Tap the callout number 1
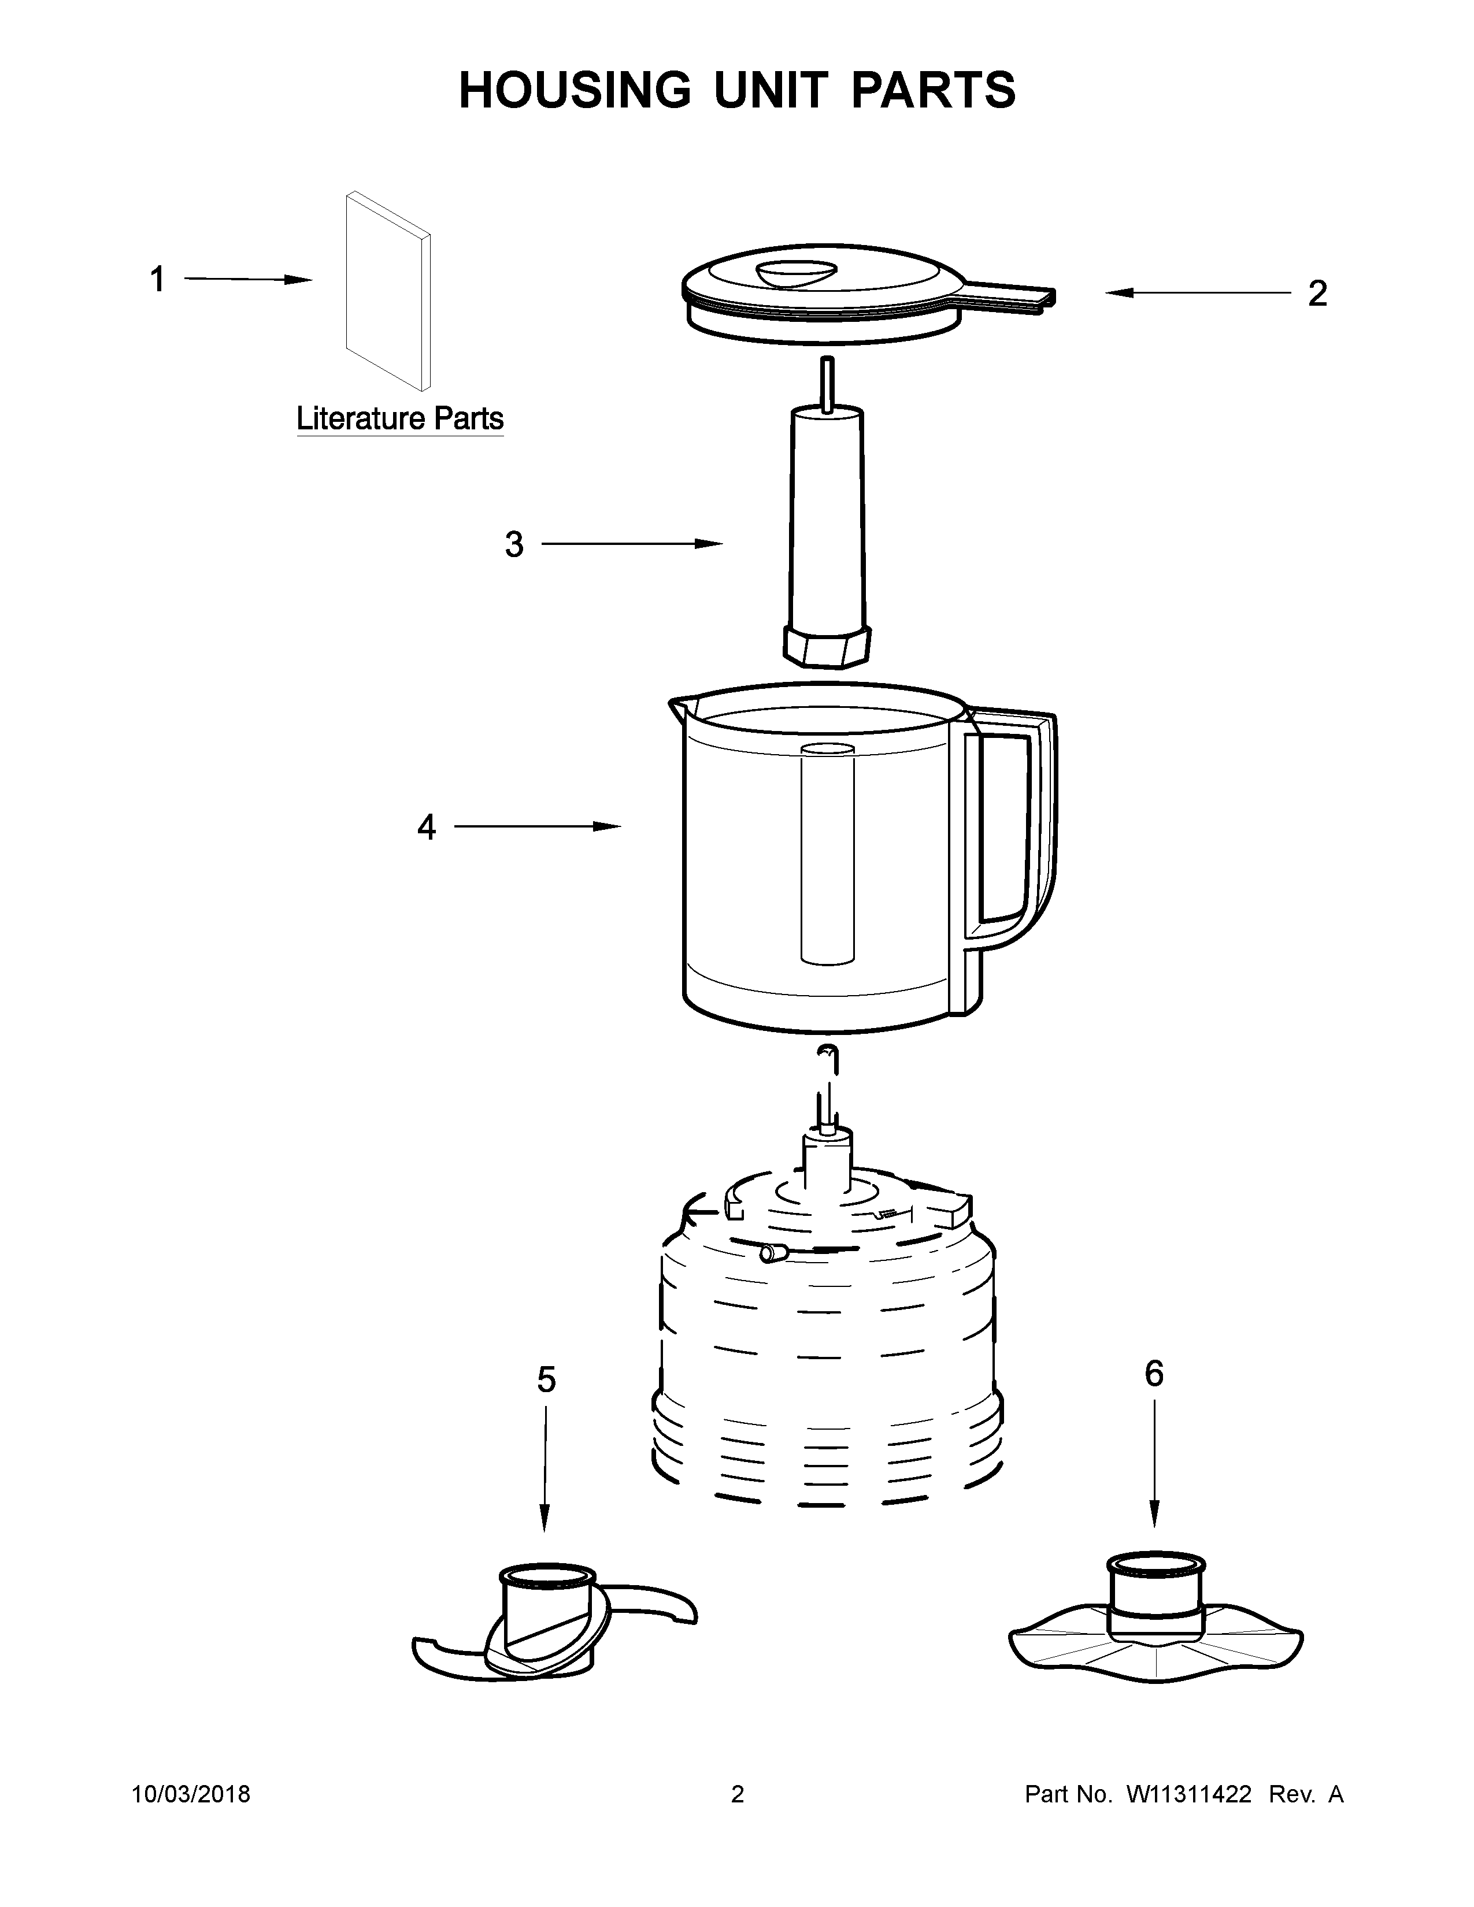[157, 280]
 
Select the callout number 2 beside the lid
[1317, 294]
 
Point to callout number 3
[514, 545]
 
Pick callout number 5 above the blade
[546, 1379]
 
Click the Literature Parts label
[400, 419]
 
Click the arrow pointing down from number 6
[1154, 1467]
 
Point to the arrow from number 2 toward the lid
[1197, 294]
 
